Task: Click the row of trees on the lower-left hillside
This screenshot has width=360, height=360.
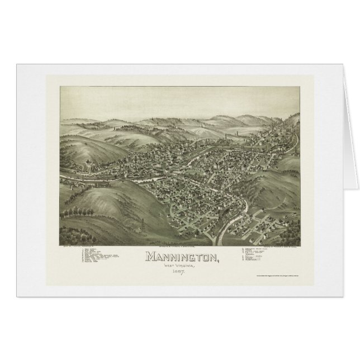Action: tap(78, 213)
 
